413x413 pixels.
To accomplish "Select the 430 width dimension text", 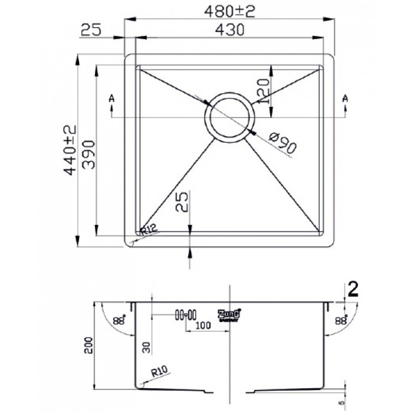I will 227,29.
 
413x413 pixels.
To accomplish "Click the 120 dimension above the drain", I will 264,90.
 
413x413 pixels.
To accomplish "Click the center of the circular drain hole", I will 229,117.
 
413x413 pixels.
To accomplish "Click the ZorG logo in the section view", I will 229,315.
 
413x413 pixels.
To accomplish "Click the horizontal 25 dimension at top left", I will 92,29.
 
